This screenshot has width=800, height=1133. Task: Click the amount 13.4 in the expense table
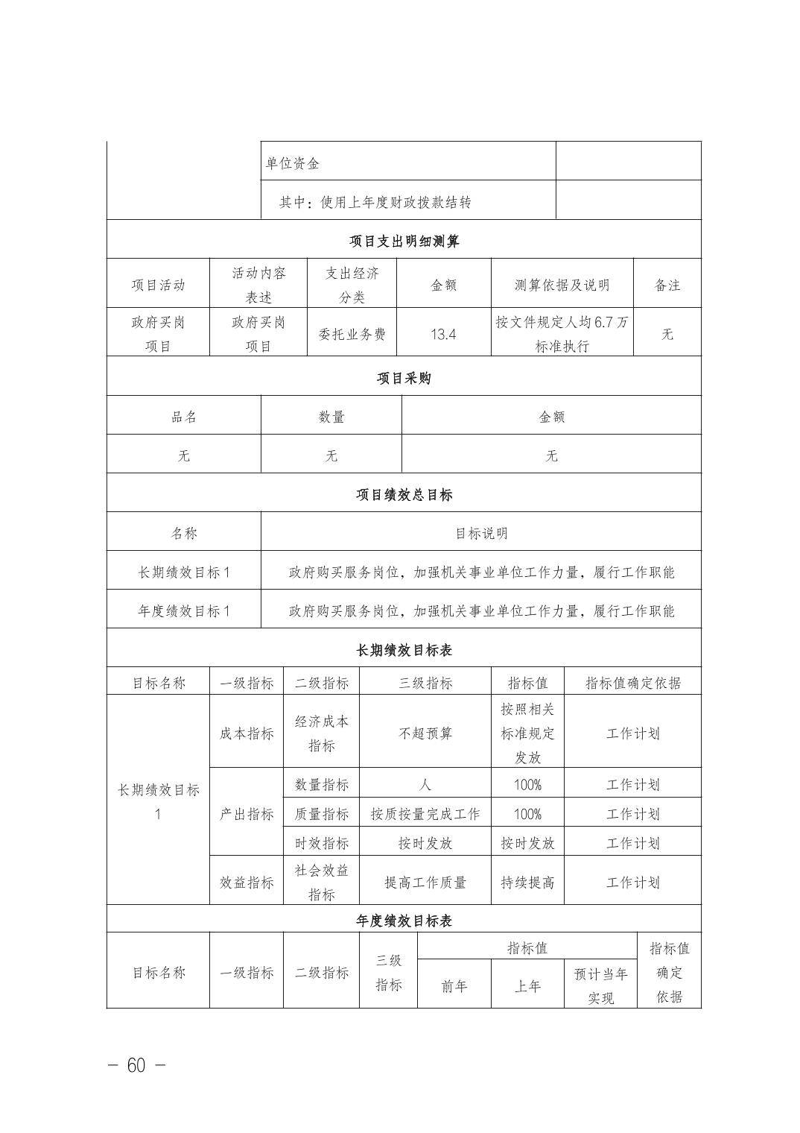[x=443, y=334]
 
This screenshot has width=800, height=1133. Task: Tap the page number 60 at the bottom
[x=136, y=1065]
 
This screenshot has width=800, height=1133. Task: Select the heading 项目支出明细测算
[x=404, y=241]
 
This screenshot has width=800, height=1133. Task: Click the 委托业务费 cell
[x=352, y=334]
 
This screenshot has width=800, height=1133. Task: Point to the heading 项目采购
[x=404, y=378]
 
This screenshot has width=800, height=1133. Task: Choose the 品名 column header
[x=184, y=417]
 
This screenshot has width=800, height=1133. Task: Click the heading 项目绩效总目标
[x=404, y=495]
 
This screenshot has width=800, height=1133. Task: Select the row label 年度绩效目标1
[x=184, y=611]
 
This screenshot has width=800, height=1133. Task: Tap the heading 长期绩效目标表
[x=404, y=650]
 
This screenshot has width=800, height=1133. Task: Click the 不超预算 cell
[x=425, y=733]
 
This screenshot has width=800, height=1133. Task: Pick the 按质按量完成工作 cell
[x=425, y=814]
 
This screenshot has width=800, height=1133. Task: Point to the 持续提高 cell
[x=527, y=883]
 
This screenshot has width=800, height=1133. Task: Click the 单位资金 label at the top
[x=293, y=163]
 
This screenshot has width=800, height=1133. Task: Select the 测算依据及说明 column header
[x=562, y=285]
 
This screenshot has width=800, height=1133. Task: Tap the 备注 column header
[x=667, y=285]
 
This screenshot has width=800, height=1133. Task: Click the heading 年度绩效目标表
[x=404, y=921]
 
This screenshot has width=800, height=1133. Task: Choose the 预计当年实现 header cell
[x=600, y=985]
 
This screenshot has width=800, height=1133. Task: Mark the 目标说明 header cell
[x=481, y=534]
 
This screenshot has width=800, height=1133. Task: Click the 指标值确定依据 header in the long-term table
[x=632, y=683]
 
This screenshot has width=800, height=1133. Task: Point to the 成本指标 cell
[x=247, y=733]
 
